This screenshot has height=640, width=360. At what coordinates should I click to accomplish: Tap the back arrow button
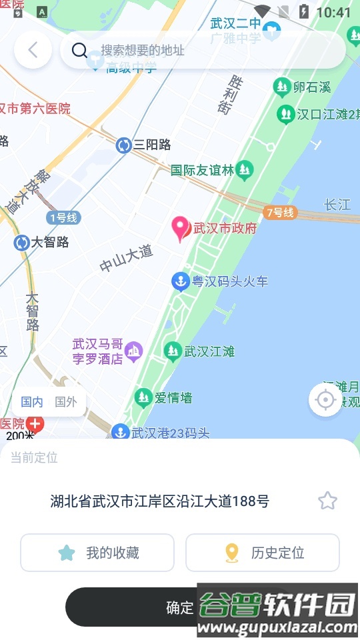[33, 50]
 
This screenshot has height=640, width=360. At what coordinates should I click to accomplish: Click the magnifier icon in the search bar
[79, 50]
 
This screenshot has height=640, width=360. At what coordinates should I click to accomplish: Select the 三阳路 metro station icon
[123, 145]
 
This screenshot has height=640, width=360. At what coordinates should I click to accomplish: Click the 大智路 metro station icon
[21, 243]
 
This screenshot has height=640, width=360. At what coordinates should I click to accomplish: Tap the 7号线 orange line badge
[279, 213]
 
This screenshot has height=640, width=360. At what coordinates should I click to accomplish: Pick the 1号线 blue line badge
[63, 217]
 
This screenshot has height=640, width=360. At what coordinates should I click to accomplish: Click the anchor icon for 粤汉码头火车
[180, 281]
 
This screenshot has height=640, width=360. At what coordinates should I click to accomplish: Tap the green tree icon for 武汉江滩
[173, 351]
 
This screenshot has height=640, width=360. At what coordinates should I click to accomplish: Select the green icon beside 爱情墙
[143, 398]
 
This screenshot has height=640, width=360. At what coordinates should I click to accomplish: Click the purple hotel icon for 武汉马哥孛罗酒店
[134, 350]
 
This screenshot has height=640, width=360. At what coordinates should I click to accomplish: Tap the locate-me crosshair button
[325, 399]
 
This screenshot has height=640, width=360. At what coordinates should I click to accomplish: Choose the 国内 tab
[32, 402]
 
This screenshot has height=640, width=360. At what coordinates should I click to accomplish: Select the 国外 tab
[65, 402]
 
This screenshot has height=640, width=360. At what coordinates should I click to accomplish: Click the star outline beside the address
[327, 501]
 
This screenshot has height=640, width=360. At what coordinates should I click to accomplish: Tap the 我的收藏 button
[97, 553]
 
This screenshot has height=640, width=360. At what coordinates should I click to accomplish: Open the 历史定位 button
[263, 553]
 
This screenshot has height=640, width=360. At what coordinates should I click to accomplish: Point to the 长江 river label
[337, 205]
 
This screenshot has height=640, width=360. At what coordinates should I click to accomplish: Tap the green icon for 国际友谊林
[245, 171]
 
